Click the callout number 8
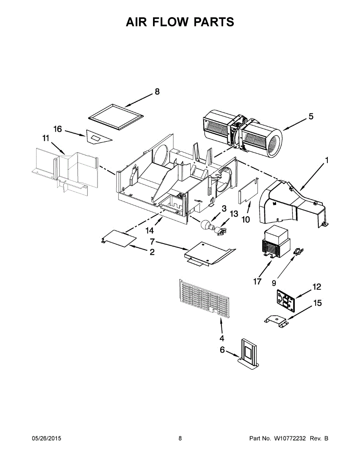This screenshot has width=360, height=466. click(x=157, y=92)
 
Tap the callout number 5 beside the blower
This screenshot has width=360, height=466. click(x=311, y=116)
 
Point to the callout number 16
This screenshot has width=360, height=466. click(x=57, y=129)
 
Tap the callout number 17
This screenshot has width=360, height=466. click(x=257, y=282)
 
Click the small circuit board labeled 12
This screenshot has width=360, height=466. click(x=287, y=300)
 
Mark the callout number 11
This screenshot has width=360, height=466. click(x=46, y=138)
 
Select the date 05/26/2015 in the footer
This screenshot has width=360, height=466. click(x=46, y=438)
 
